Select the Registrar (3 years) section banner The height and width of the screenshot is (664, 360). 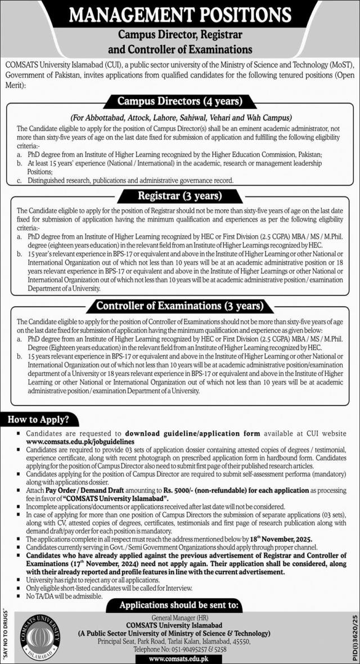pos(180,196)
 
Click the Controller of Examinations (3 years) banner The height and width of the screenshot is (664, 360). pos(180,306)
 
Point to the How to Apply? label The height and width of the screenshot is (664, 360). pos(37,419)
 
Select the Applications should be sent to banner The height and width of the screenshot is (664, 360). pos(180,605)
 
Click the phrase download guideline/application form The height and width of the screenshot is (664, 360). pos(192,434)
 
